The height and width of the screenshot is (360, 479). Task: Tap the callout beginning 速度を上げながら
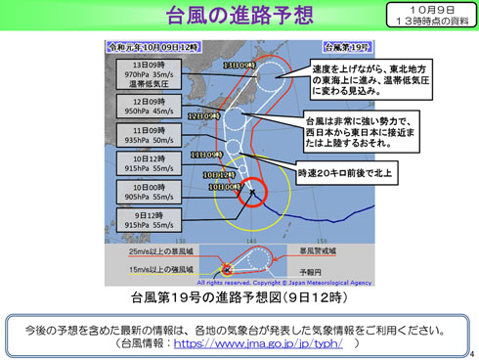click(x=358, y=80)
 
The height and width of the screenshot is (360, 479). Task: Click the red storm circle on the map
click(x=249, y=195)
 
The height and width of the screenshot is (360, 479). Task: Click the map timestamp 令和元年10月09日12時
click(x=153, y=46)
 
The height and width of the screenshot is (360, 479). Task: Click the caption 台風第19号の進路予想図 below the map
click(x=236, y=295)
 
